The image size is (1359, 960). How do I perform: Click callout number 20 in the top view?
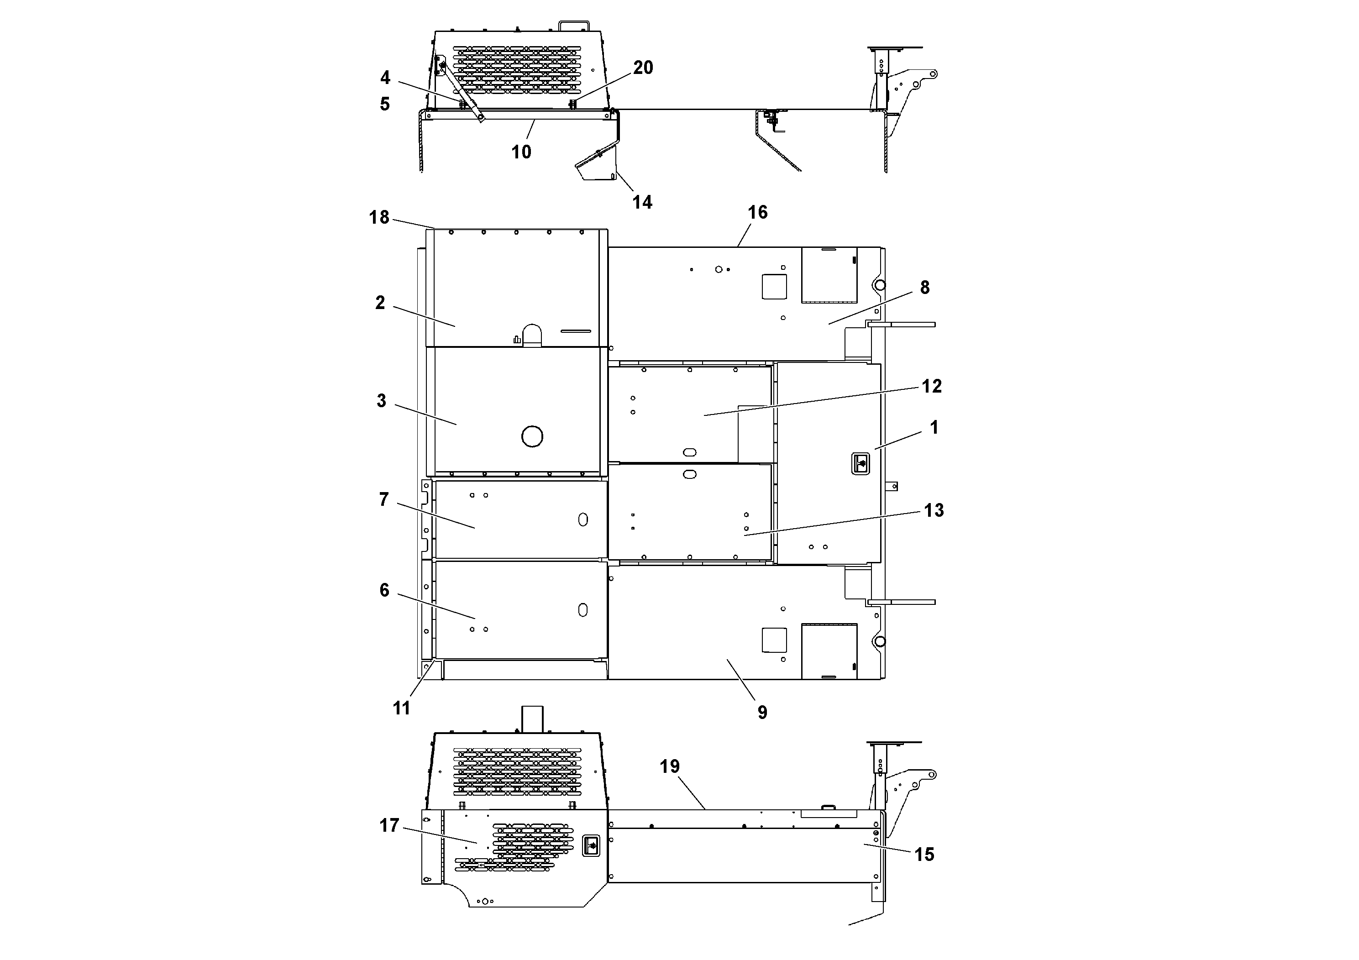[643, 68]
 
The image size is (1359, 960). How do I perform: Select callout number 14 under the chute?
[642, 202]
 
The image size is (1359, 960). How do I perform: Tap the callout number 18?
[379, 217]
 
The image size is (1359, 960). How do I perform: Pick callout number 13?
[934, 510]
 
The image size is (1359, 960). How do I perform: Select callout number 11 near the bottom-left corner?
[401, 708]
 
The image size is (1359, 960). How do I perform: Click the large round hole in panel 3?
[532, 437]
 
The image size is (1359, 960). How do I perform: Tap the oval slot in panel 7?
[583, 519]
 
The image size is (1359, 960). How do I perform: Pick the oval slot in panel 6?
[583, 609]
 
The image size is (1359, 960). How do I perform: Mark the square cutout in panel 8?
[774, 287]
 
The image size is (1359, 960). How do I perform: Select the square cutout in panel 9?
[774, 640]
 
